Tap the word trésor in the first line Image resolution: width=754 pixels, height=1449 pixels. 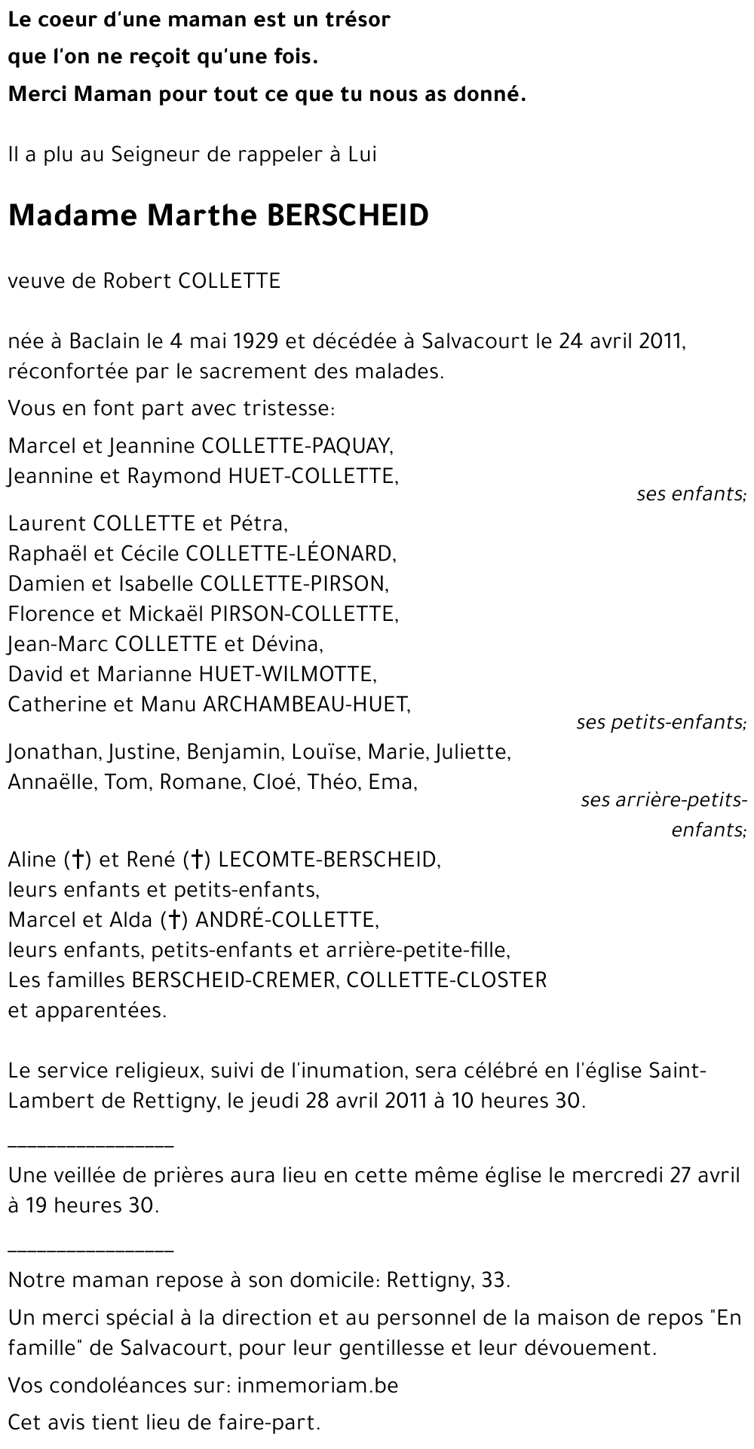[x=354, y=20]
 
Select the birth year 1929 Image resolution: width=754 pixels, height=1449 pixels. [x=254, y=341]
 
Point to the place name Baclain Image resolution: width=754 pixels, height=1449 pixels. [x=104, y=341]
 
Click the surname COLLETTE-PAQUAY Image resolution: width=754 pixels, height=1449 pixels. [x=296, y=446]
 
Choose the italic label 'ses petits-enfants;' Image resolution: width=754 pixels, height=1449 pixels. [x=661, y=723]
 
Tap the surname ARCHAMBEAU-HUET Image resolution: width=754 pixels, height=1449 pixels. [x=305, y=705]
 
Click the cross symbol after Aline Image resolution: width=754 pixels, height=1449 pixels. [x=77, y=860]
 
